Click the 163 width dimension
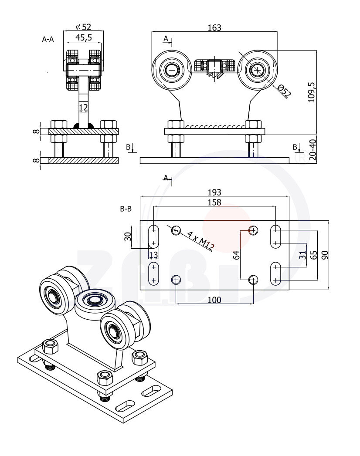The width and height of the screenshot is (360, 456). [x=214, y=27]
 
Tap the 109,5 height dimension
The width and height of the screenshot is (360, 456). [x=311, y=92]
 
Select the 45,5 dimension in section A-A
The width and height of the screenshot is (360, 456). [x=83, y=37]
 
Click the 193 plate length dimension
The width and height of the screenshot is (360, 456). [x=214, y=192]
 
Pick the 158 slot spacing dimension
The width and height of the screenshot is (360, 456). [x=214, y=202]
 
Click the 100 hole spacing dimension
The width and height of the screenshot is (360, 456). [x=214, y=300]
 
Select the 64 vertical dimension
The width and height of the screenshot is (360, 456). [x=237, y=255]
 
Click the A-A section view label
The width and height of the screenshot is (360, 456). [x=48, y=39]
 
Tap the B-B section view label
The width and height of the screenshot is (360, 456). [x=126, y=209]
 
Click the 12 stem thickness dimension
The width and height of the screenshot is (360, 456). [x=83, y=107]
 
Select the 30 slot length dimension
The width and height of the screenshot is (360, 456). [x=128, y=236]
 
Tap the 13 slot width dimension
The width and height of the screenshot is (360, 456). [x=153, y=255]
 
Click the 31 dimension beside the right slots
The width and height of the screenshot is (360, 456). [x=302, y=256]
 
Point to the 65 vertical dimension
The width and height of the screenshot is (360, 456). [x=313, y=255]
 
